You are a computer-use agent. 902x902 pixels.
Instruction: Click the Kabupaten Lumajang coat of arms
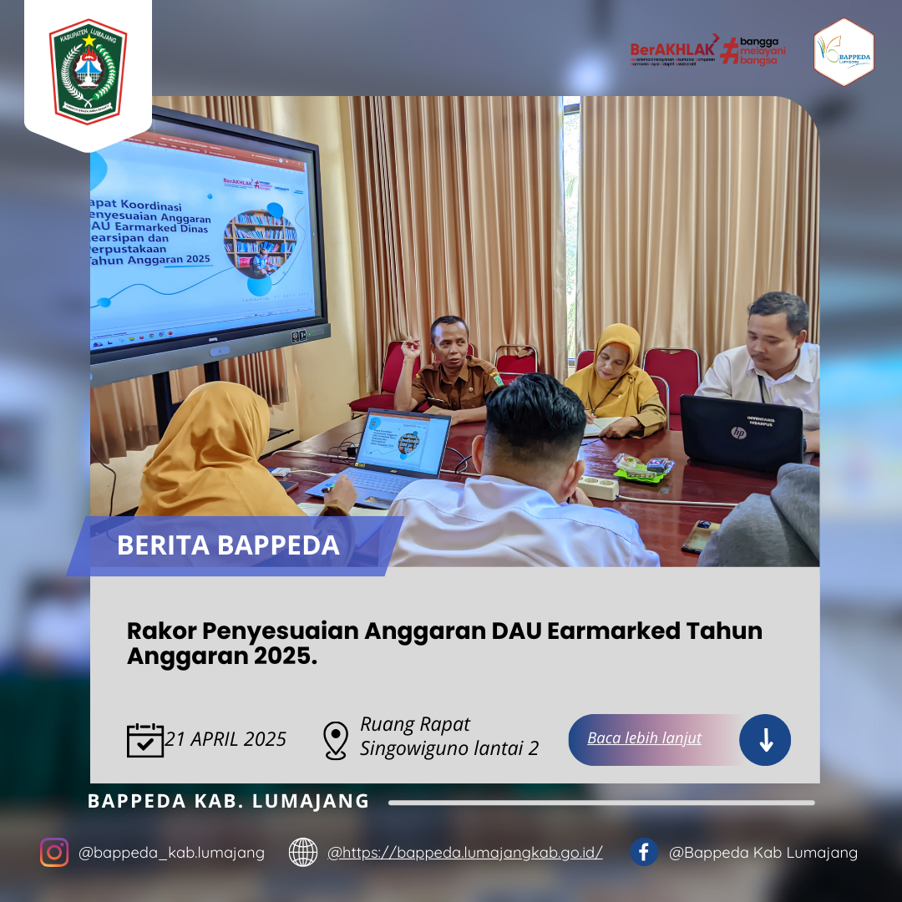click(x=88, y=72)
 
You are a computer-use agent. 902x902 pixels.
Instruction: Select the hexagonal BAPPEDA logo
click(x=844, y=53)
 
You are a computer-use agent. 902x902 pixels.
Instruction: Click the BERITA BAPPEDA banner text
click(x=228, y=545)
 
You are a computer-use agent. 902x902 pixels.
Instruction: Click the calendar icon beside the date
click(x=144, y=740)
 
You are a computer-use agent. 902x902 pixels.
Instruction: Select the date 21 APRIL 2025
click(x=225, y=739)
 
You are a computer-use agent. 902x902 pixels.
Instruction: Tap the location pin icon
click(x=335, y=740)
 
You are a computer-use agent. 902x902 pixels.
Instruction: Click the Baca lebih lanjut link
click(x=644, y=738)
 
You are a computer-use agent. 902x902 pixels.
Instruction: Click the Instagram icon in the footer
click(x=54, y=852)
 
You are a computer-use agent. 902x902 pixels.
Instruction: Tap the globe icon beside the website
click(x=303, y=852)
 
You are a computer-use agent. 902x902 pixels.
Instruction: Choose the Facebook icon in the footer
click(x=644, y=852)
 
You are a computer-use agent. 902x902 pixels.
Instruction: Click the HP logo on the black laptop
click(x=737, y=433)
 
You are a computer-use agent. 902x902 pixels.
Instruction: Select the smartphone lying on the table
click(x=700, y=536)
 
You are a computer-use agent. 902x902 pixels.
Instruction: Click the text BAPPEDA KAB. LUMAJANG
click(x=229, y=801)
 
